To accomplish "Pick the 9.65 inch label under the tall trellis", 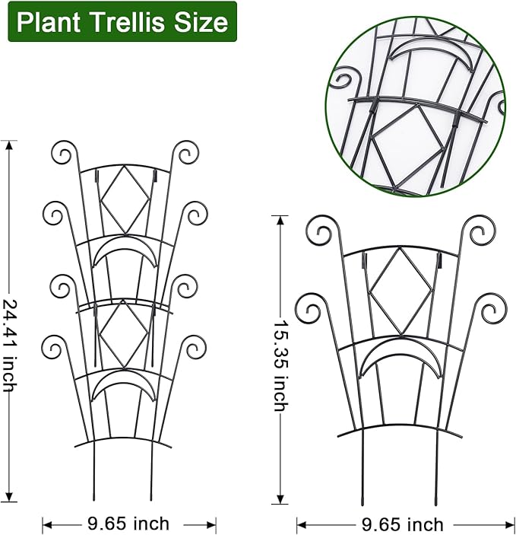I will click(x=128, y=524).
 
